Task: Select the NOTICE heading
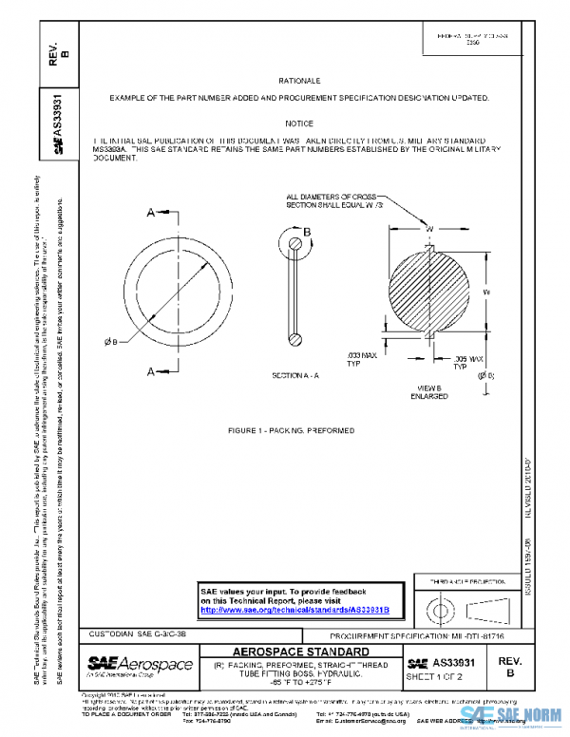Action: tap(298, 123)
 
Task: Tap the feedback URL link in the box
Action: tap(301, 609)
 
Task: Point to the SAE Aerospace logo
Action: tap(140, 664)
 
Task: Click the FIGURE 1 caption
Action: tap(291, 430)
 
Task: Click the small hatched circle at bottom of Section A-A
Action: tap(295, 335)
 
